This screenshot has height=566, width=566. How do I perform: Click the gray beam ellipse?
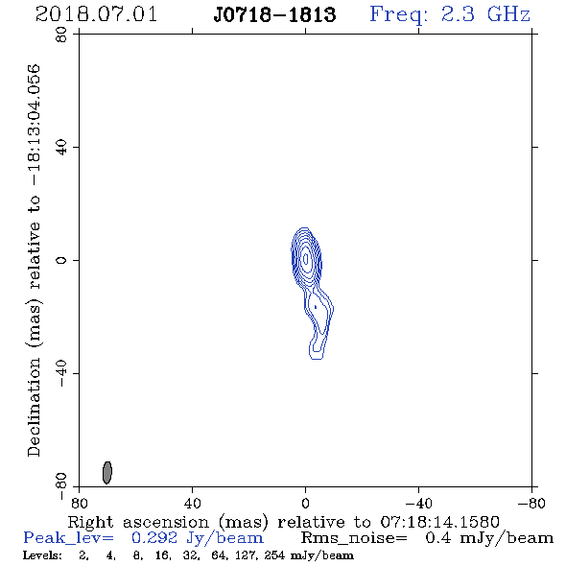107,472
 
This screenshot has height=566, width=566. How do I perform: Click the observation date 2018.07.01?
96,14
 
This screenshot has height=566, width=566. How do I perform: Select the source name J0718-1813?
274,14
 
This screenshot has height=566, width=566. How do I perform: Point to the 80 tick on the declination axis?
61,35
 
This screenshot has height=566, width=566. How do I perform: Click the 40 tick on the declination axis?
61,148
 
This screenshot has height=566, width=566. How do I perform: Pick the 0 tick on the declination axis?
61,260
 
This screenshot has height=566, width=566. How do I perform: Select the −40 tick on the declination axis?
61,373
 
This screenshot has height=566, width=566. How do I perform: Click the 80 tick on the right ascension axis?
79,504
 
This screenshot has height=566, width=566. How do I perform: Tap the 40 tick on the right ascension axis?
193,504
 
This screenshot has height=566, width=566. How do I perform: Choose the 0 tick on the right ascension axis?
305,504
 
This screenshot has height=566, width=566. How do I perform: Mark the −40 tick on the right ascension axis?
418,504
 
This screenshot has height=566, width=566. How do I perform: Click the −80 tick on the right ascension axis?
531,504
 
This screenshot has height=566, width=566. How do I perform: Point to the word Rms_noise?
354,538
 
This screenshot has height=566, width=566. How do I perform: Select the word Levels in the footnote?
42,555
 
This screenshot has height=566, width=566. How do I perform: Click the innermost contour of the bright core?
306,259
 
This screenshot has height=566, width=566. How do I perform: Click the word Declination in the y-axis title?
34,407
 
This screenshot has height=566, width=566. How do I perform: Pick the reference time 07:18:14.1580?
439,522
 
